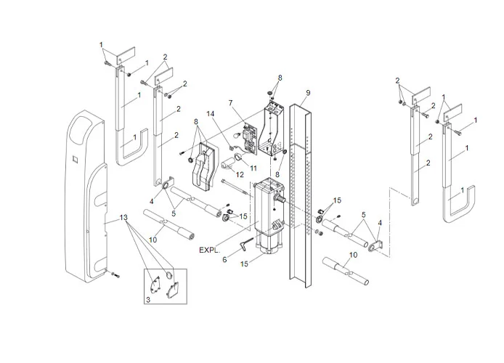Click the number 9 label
tap(308, 92)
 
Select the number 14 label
tap(211, 115)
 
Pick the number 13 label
tap(124, 218)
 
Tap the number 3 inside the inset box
tap(148, 298)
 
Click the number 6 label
tap(225, 259)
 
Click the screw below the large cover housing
tap(115, 276)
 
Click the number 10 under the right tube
tap(354, 254)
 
